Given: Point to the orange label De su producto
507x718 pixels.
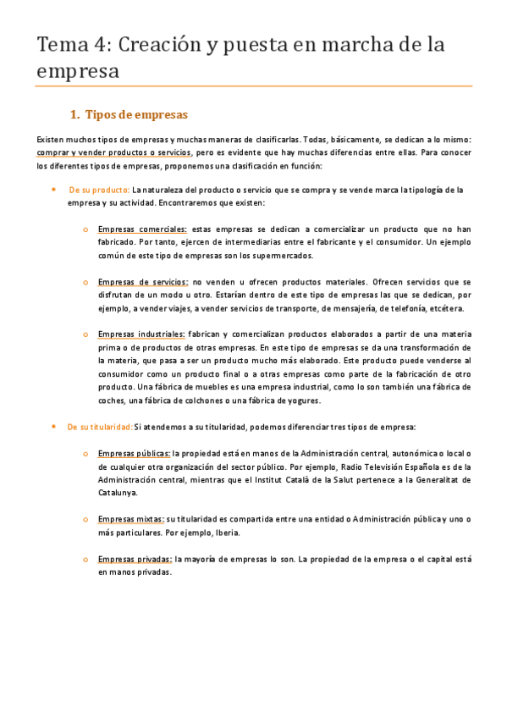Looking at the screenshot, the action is click(99, 190).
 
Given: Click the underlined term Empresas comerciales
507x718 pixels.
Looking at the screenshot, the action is click(142, 229).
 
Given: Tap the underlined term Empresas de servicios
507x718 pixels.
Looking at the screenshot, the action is click(143, 281).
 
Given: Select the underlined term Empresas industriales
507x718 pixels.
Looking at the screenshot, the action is click(141, 334).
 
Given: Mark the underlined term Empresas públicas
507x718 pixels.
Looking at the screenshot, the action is click(135, 452).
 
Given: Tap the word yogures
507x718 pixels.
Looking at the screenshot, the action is click(302, 400).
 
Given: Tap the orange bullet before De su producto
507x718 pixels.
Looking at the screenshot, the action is click(53, 190).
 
